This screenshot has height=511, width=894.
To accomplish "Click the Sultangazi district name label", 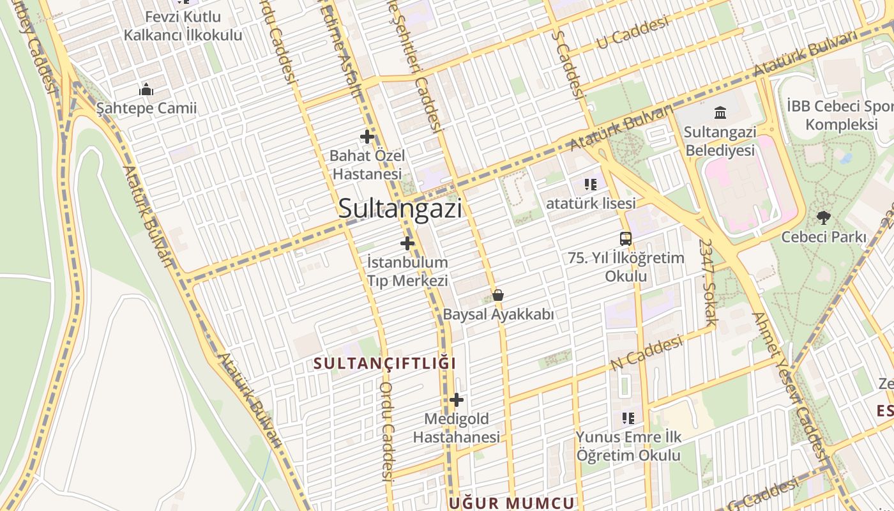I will [400, 208].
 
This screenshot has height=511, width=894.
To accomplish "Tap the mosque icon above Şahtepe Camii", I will [146, 89].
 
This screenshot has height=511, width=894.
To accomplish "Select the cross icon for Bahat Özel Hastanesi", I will [367, 136].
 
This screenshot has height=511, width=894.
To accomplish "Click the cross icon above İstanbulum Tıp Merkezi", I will [407, 243].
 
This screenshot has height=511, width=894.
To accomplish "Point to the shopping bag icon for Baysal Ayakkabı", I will [498, 295].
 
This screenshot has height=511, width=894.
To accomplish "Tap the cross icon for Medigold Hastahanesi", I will [457, 400].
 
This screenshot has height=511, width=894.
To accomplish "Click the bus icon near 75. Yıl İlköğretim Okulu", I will [626, 239].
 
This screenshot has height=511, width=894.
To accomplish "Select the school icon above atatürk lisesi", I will [591, 185].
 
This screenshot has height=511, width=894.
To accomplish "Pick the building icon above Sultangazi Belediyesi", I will [720, 113].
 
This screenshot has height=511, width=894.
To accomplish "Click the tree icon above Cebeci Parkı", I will [824, 218].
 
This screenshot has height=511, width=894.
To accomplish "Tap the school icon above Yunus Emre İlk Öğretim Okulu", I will [628, 418].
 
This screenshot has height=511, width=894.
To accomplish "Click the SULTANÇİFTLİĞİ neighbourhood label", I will [385, 363].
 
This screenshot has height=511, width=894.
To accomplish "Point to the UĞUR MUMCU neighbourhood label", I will [511, 503].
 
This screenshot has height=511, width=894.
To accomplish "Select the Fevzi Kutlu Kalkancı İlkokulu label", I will [183, 26].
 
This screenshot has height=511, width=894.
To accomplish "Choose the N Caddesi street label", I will [646, 353].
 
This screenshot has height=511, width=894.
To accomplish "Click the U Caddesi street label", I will [632, 33].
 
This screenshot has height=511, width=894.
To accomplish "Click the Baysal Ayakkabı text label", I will [498, 314].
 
